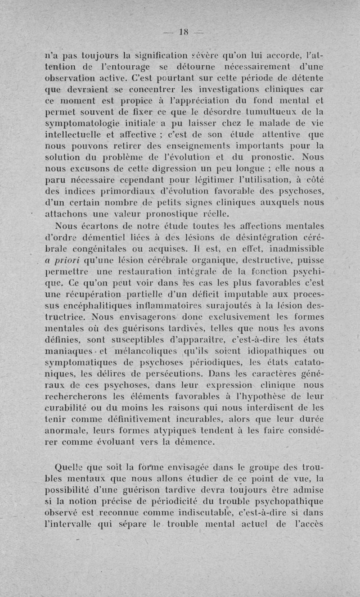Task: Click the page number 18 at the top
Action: click(183, 32)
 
